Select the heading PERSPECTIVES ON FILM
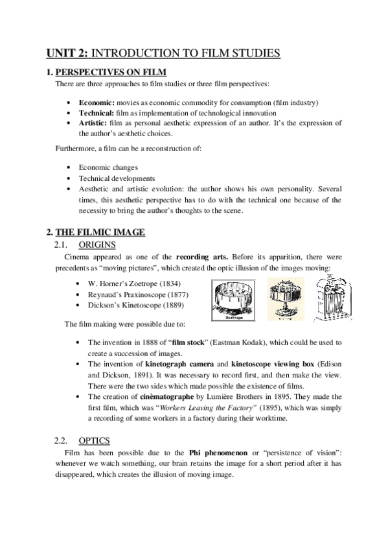pos(111,72)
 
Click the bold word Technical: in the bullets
pos(97,112)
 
